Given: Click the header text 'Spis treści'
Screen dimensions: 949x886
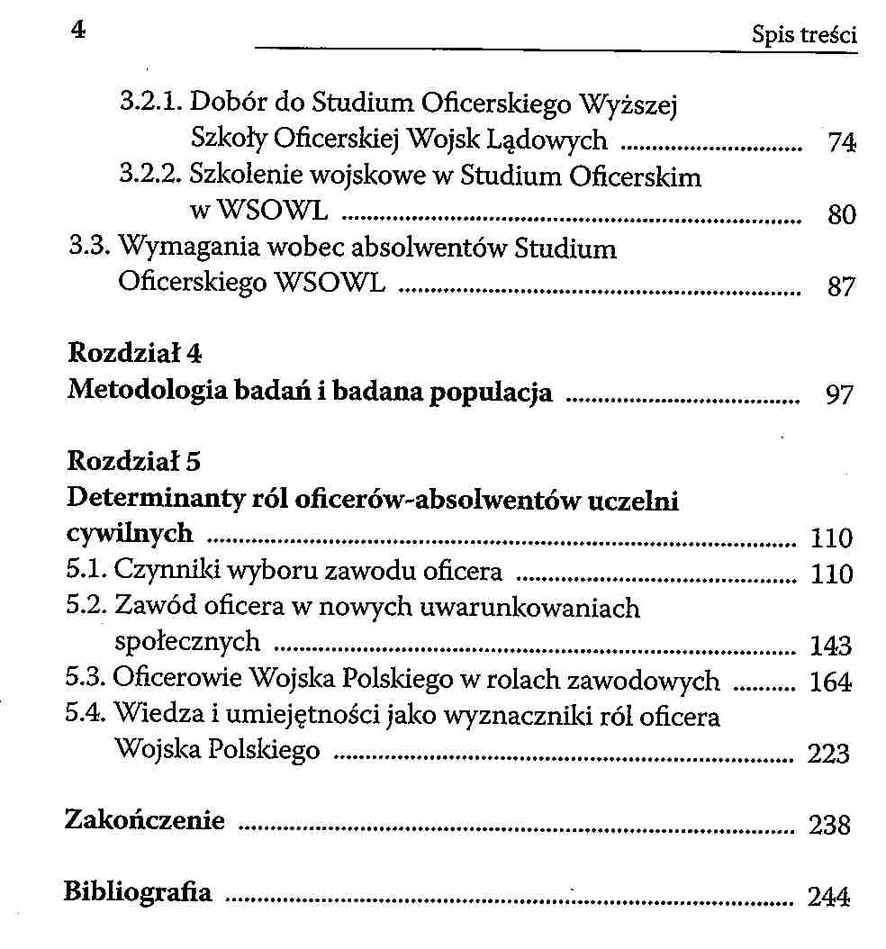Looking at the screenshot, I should (x=803, y=35).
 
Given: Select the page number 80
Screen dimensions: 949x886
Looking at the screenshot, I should (x=840, y=215).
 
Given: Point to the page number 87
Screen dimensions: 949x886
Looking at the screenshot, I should (x=840, y=288).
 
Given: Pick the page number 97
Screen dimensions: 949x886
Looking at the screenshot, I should (x=838, y=395).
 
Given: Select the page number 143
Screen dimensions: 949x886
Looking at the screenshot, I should (x=830, y=646).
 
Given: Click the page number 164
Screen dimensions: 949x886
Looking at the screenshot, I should (x=830, y=682).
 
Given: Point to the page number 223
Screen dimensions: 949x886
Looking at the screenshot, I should (x=828, y=754).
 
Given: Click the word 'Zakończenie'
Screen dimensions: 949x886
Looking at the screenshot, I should (x=144, y=821).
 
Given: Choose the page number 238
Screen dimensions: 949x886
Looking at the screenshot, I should (x=829, y=825).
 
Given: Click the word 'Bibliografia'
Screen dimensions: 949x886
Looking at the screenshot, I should (x=138, y=893).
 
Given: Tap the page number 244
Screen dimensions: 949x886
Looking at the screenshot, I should (x=828, y=897).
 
